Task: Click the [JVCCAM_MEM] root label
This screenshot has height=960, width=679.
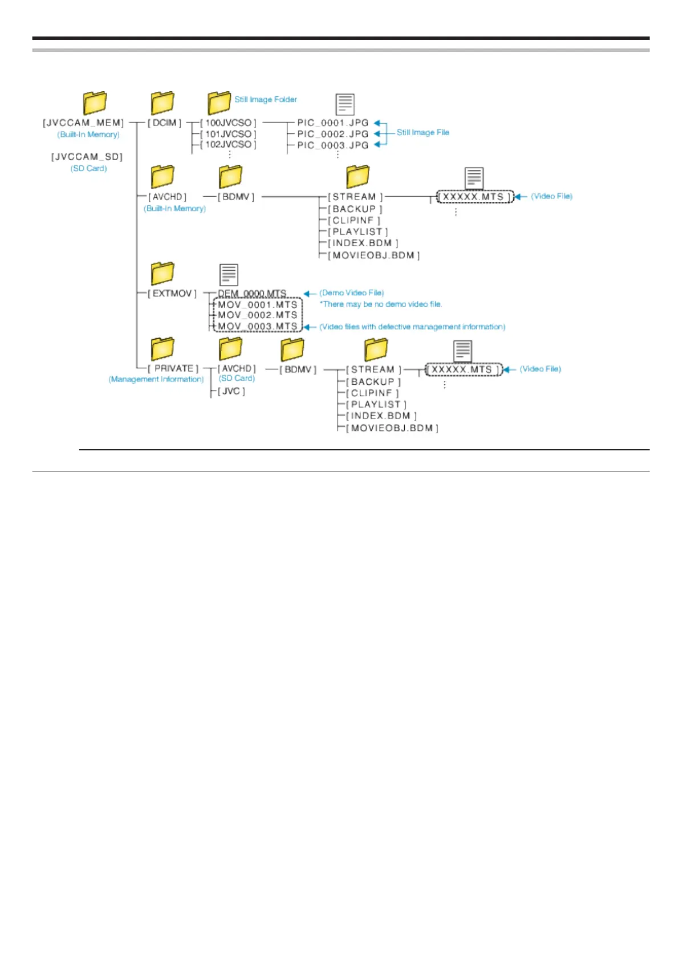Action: click(83, 123)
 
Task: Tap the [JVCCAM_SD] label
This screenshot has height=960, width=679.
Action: click(87, 156)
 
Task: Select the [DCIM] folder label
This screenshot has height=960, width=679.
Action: click(165, 123)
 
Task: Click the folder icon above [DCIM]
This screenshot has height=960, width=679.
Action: click(162, 103)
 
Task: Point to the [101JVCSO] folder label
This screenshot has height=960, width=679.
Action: click(228, 134)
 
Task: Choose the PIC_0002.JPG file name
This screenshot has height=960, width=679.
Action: click(332, 134)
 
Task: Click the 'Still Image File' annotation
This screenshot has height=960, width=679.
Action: click(422, 132)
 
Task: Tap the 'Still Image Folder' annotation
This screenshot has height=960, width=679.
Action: click(266, 99)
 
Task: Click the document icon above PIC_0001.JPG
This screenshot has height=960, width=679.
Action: click(345, 104)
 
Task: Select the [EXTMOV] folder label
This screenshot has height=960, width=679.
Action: click(172, 293)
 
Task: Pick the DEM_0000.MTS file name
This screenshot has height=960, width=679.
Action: click(252, 293)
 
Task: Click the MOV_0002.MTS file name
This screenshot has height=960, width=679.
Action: click(258, 315)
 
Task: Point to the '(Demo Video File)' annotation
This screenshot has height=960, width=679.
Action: click(351, 292)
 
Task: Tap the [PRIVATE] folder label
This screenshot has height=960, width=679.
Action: click(173, 368)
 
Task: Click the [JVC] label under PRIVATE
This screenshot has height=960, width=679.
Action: click(231, 391)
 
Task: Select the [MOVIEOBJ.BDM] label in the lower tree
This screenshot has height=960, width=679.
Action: click(392, 428)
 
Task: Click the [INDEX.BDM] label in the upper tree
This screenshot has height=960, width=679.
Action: click(363, 243)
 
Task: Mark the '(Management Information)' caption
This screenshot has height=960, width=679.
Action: click(156, 379)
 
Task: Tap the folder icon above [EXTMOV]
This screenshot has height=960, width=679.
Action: click(162, 273)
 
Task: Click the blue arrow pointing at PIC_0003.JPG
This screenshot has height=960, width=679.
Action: click(377, 145)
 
